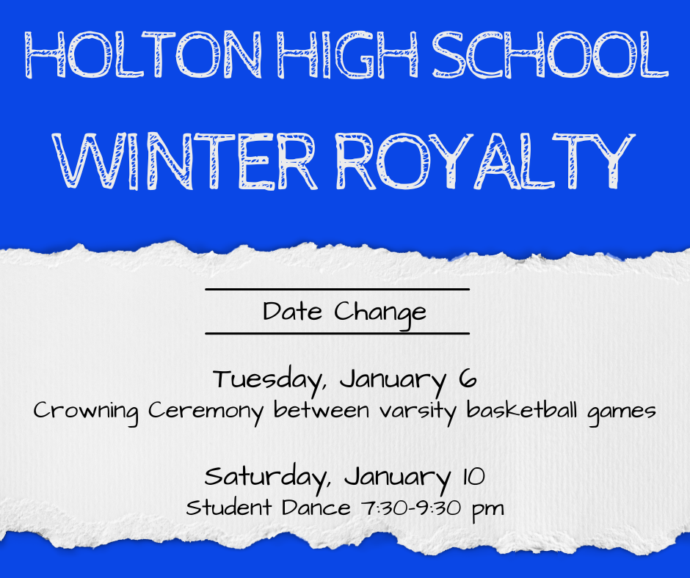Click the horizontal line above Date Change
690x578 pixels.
point(337,290)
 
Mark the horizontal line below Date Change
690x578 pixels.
point(337,334)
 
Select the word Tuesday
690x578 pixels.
point(269,380)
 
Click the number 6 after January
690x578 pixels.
point(468,379)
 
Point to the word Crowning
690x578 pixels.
point(86,411)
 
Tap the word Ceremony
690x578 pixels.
point(205,411)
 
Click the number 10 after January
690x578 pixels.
point(473,477)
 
